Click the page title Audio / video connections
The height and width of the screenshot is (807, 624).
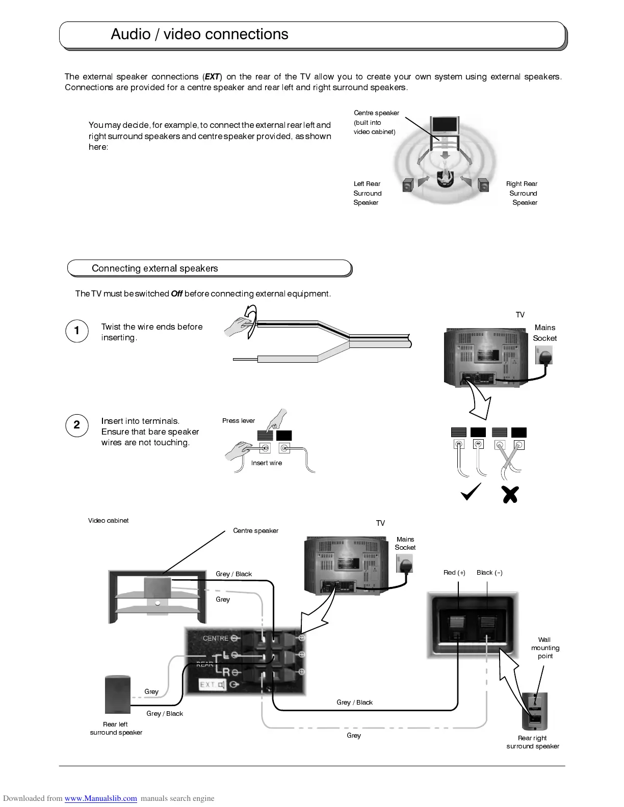199,34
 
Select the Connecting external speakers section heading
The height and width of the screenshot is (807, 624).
154,268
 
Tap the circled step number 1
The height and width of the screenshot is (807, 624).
76,331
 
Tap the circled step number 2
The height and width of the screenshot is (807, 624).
76,425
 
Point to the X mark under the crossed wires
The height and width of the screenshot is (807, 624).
509,494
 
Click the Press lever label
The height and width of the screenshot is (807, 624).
238,421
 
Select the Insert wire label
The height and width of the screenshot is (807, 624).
266,463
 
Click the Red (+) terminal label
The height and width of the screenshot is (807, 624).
454,573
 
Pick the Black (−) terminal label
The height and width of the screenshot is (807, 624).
489,573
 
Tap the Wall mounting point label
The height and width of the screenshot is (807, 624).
545,648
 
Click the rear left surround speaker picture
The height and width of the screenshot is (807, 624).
117,694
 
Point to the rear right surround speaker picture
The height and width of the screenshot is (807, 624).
534,711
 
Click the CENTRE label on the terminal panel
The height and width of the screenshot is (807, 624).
216,638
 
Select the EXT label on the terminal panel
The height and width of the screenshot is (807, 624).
209,685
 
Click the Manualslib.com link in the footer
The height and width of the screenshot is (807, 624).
100,798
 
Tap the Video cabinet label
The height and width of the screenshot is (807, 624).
108,521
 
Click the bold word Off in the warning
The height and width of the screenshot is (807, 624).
176,294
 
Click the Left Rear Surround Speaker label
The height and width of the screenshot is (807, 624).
367,193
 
